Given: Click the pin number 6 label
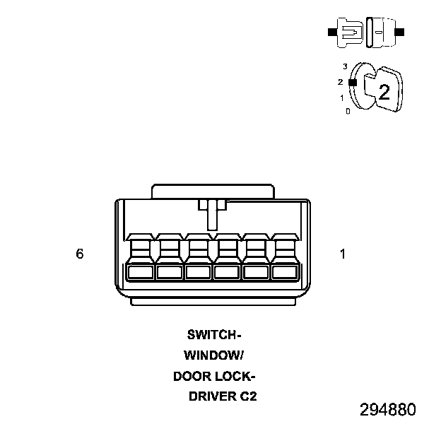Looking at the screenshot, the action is click(80, 254).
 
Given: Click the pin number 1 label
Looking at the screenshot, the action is click(343, 254).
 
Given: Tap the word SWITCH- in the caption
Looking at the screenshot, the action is click(215, 334).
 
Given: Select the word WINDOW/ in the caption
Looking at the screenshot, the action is click(213, 355).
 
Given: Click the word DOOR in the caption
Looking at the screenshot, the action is click(192, 376).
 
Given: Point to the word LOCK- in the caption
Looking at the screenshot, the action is click(235, 376).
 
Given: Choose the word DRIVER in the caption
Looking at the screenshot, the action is click(211, 396).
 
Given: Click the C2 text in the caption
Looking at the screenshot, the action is click(248, 396).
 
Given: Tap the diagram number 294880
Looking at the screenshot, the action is click(387, 410).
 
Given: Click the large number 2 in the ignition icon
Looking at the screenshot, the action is click(384, 92).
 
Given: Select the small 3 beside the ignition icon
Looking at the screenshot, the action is click(345, 66).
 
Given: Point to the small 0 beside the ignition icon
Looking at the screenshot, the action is click(348, 111).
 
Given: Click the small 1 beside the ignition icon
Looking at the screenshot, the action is click(342, 98).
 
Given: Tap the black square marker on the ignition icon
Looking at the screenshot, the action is click(353, 82).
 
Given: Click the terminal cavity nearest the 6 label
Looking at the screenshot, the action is click(140, 271).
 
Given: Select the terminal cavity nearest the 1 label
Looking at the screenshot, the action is click(284, 271).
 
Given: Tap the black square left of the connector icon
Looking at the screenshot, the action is click(331, 32).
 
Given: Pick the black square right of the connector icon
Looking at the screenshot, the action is click(401, 32).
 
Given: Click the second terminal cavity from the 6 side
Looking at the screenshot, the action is click(169, 271).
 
